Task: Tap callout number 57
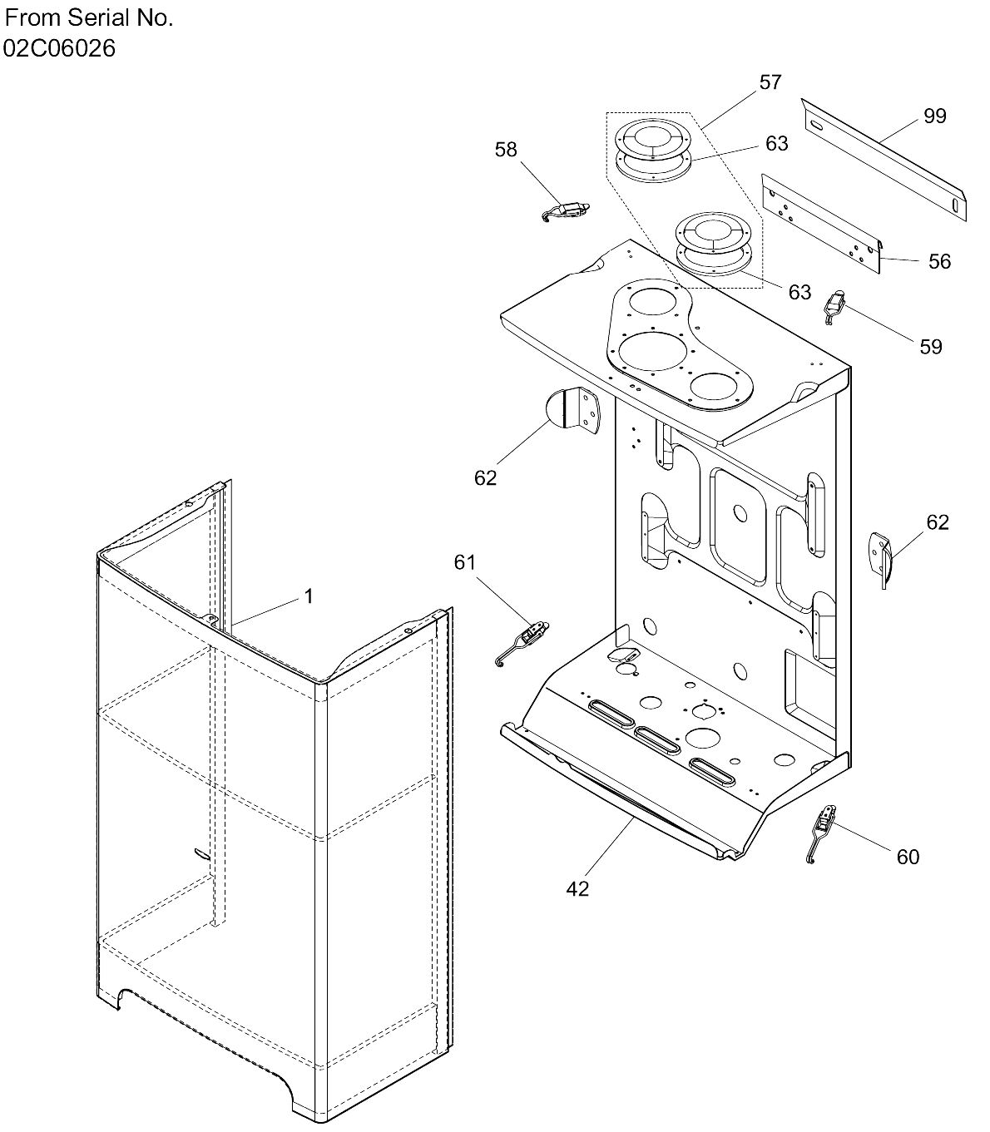[770, 82]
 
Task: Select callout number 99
[935, 116]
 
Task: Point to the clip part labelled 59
[834, 306]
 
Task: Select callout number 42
[577, 888]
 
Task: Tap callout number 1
[308, 596]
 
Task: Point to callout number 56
[939, 261]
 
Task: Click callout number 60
[908, 856]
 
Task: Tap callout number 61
[464, 562]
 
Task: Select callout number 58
[506, 149]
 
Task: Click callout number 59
[930, 346]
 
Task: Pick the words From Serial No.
[89, 18]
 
